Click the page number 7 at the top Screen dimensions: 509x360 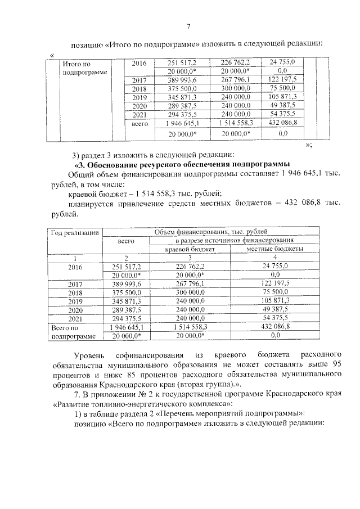point(188,25)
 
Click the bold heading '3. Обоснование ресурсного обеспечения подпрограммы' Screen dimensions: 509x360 point(186,164)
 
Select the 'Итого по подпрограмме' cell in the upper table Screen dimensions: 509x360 point(80,69)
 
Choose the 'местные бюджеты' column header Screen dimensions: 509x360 point(275,248)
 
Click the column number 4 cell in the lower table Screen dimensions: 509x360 point(275,256)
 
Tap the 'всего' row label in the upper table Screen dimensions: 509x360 point(139,123)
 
